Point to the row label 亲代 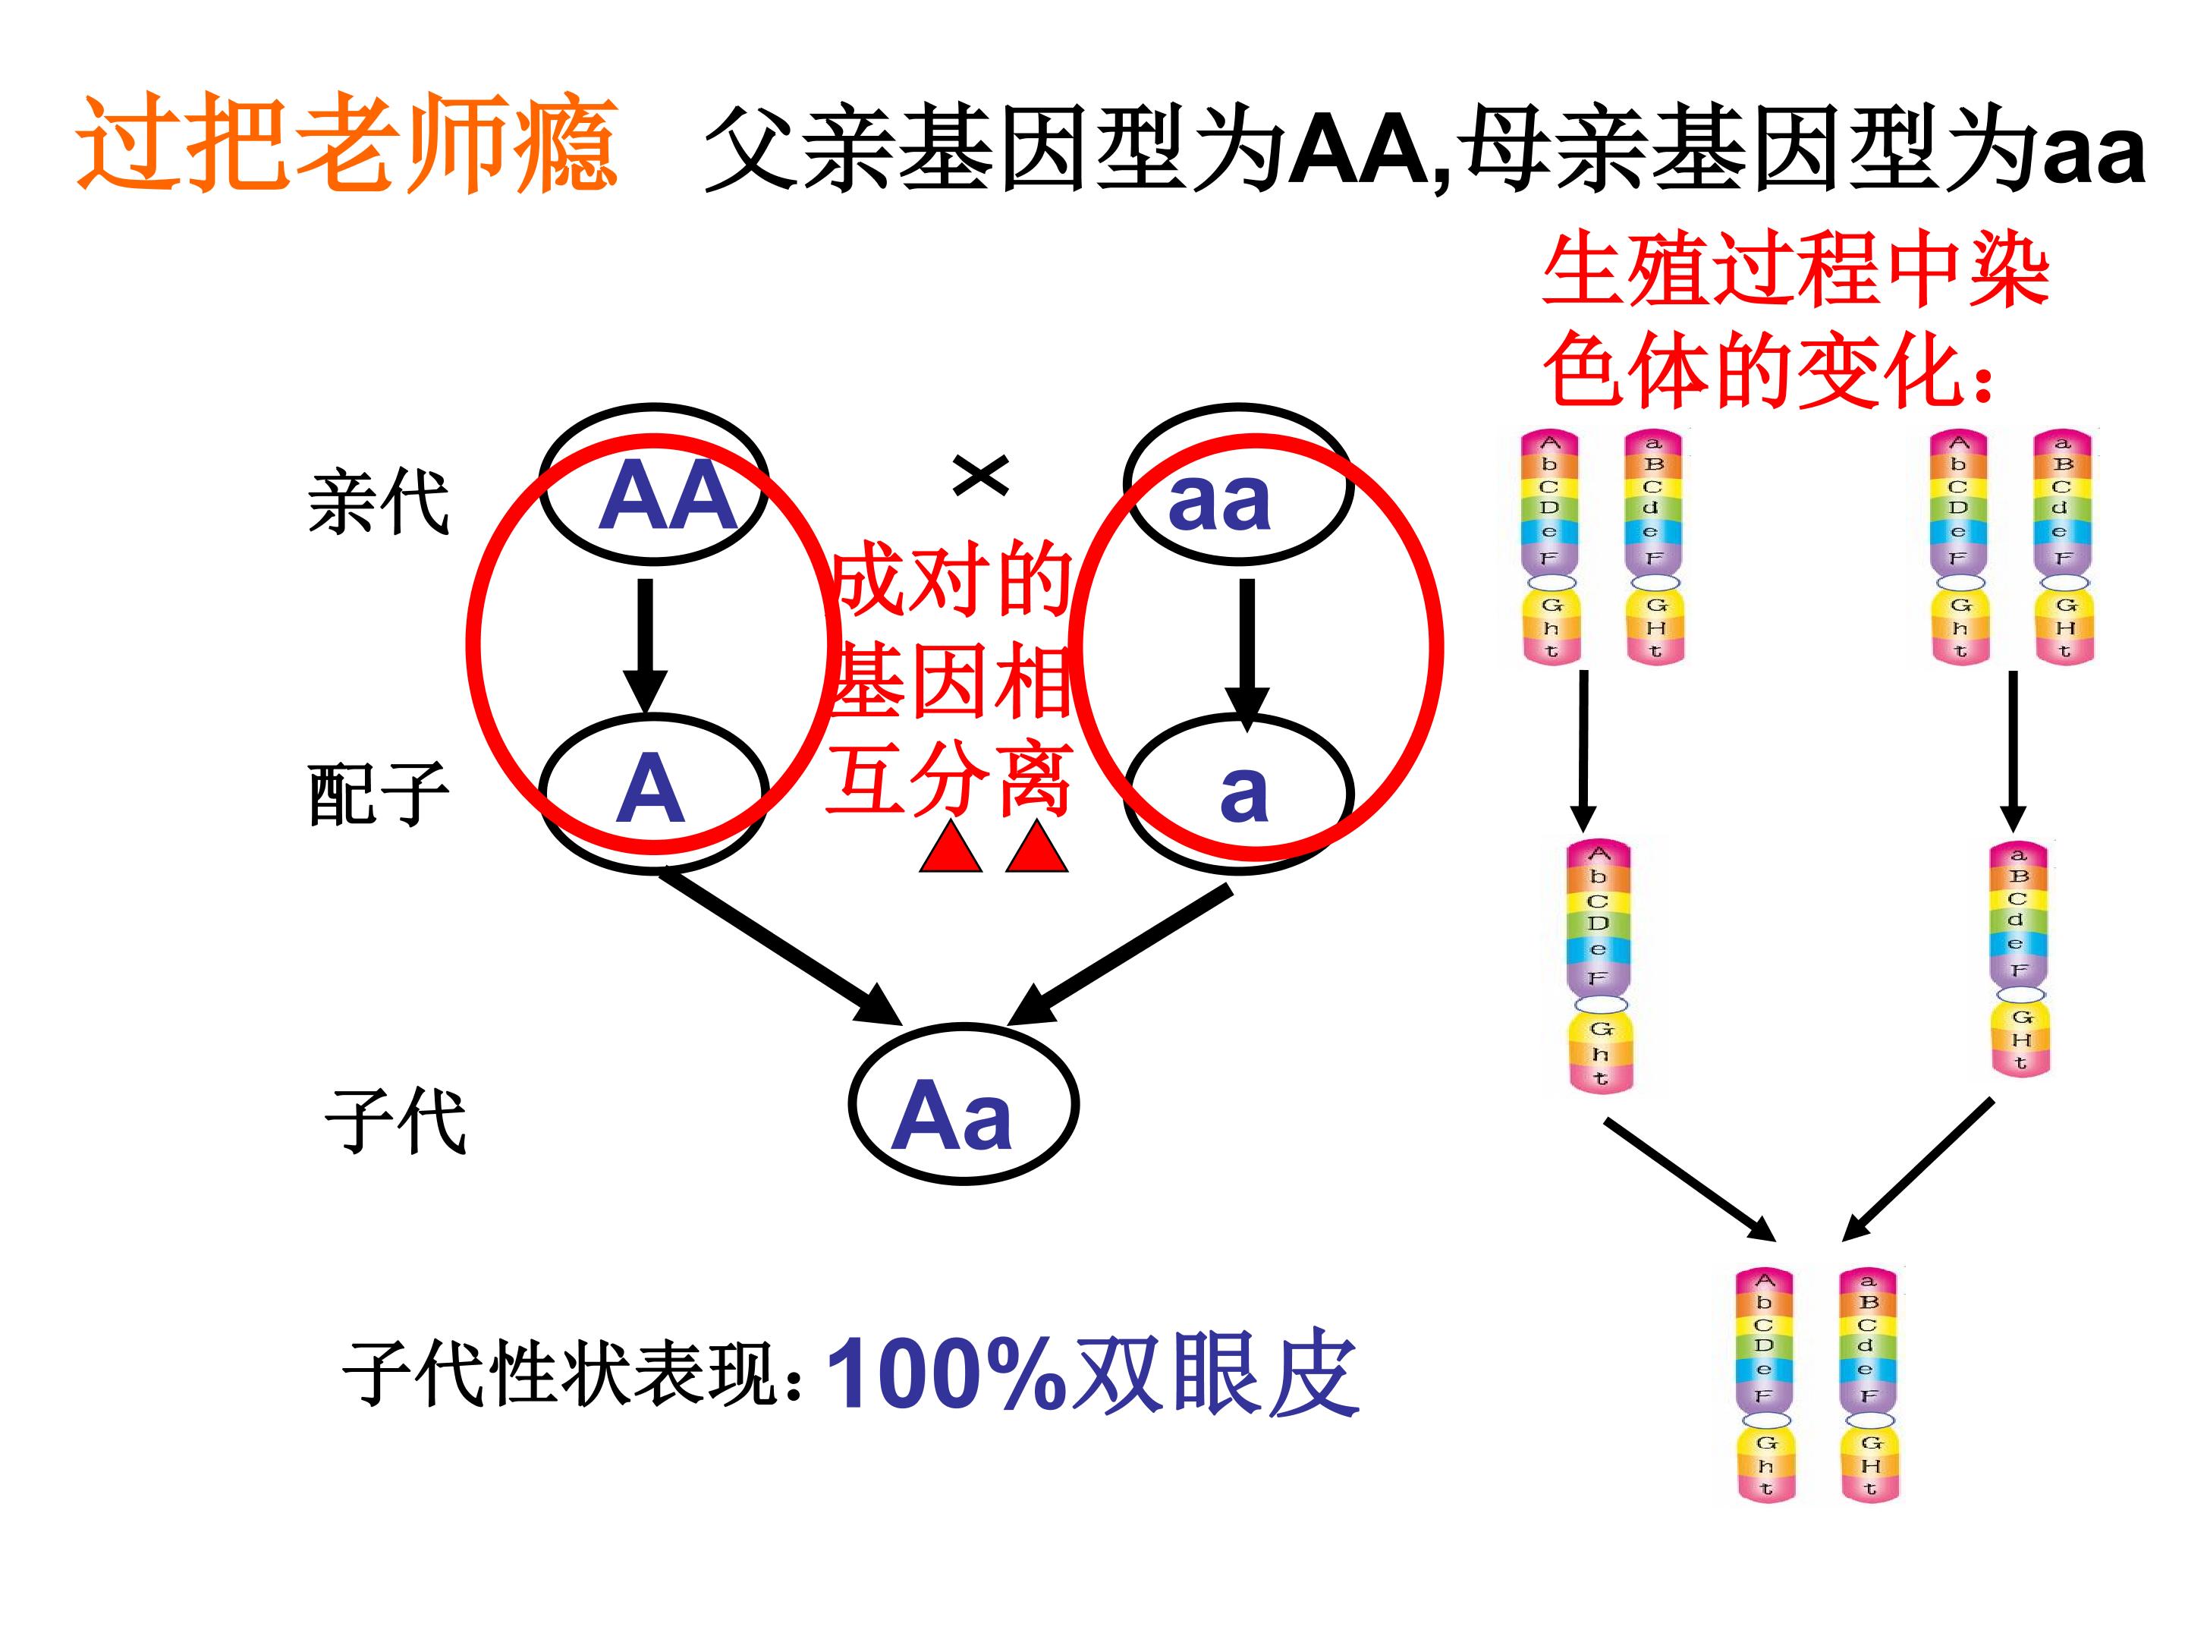coord(379,502)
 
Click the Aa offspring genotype coord(951,1115)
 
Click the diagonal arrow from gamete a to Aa coord(1119,955)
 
